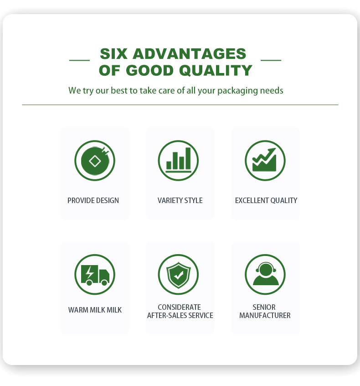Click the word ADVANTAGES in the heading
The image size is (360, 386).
tap(190, 54)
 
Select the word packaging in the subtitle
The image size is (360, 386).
tap(237, 91)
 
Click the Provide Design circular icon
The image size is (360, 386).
tap(95, 161)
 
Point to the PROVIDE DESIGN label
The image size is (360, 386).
tap(93, 200)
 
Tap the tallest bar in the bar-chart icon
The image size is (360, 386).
tap(188, 158)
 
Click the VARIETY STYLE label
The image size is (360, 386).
tap(180, 200)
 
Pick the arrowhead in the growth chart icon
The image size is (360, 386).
tap(272, 151)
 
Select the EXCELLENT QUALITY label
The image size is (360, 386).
tap(266, 200)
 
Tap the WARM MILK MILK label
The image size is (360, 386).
tap(95, 310)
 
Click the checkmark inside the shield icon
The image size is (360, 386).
tap(179, 275)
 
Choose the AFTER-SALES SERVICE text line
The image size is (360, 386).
tap(180, 315)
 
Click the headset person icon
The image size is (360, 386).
tap(266, 274)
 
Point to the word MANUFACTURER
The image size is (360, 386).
tap(265, 315)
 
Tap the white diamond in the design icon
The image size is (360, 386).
tap(95, 162)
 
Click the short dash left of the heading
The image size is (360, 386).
tap(79, 60)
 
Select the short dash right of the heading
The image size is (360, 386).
tap(271, 60)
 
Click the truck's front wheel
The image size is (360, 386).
tap(104, 282)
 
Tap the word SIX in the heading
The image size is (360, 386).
tap(113, 54)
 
